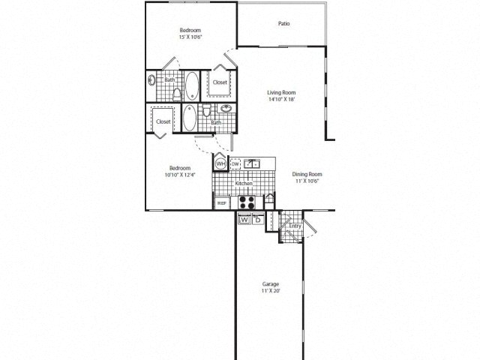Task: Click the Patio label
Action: tap(283, 24)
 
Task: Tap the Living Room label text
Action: tap(281, 91)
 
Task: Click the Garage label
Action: tap(271, 284)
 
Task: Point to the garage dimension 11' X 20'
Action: tap(271, 291)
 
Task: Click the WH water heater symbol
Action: tap(221, 163)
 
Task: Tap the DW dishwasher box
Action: tap(235, 163)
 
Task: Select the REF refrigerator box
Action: tap(222, 202)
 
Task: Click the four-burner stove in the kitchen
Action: tap(247, 201)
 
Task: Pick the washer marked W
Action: tap(244, 220)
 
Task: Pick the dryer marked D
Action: tap(256, 220)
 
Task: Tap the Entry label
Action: tap(294, 226)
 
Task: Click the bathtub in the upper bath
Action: tap(192, 85)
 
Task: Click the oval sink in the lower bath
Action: tap(225, 108)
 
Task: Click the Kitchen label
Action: tap(242, 183)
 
